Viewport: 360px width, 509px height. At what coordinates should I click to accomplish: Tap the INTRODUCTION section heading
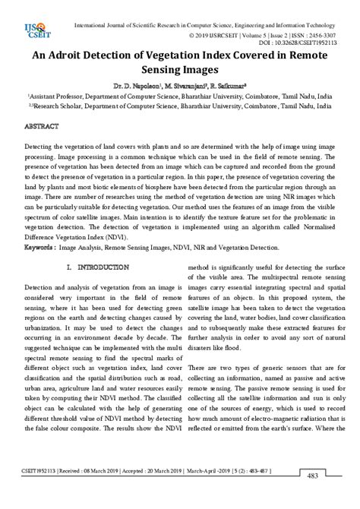[98, 267]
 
